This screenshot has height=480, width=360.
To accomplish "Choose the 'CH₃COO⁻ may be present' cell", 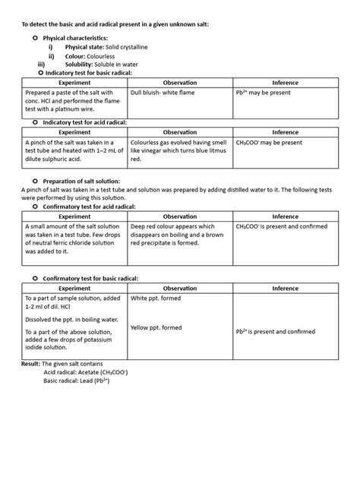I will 269,142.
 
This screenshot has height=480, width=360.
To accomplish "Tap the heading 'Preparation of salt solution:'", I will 94,181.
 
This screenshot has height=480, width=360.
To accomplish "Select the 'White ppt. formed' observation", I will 156,298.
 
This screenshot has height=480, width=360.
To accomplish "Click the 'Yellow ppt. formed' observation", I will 156,327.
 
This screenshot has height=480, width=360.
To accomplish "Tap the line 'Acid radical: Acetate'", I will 85,374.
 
